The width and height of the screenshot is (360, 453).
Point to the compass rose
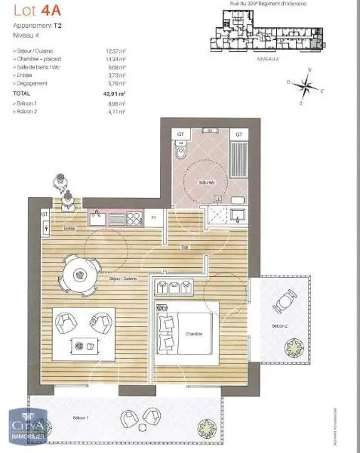click(x=307, y=85)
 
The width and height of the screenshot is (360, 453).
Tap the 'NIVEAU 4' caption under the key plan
click(x=269, y=57)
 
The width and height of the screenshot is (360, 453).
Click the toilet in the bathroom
click(x=180, y=155)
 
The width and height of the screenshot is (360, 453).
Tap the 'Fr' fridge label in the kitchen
click(x=153, y=217)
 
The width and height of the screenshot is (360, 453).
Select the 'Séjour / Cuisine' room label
click(x=122, y=280)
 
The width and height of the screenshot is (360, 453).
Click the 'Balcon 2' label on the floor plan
click(x=280, y=325)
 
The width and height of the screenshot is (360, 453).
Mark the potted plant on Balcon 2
click(x=291, y=350)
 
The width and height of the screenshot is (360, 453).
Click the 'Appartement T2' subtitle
click(x=38, y=26)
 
